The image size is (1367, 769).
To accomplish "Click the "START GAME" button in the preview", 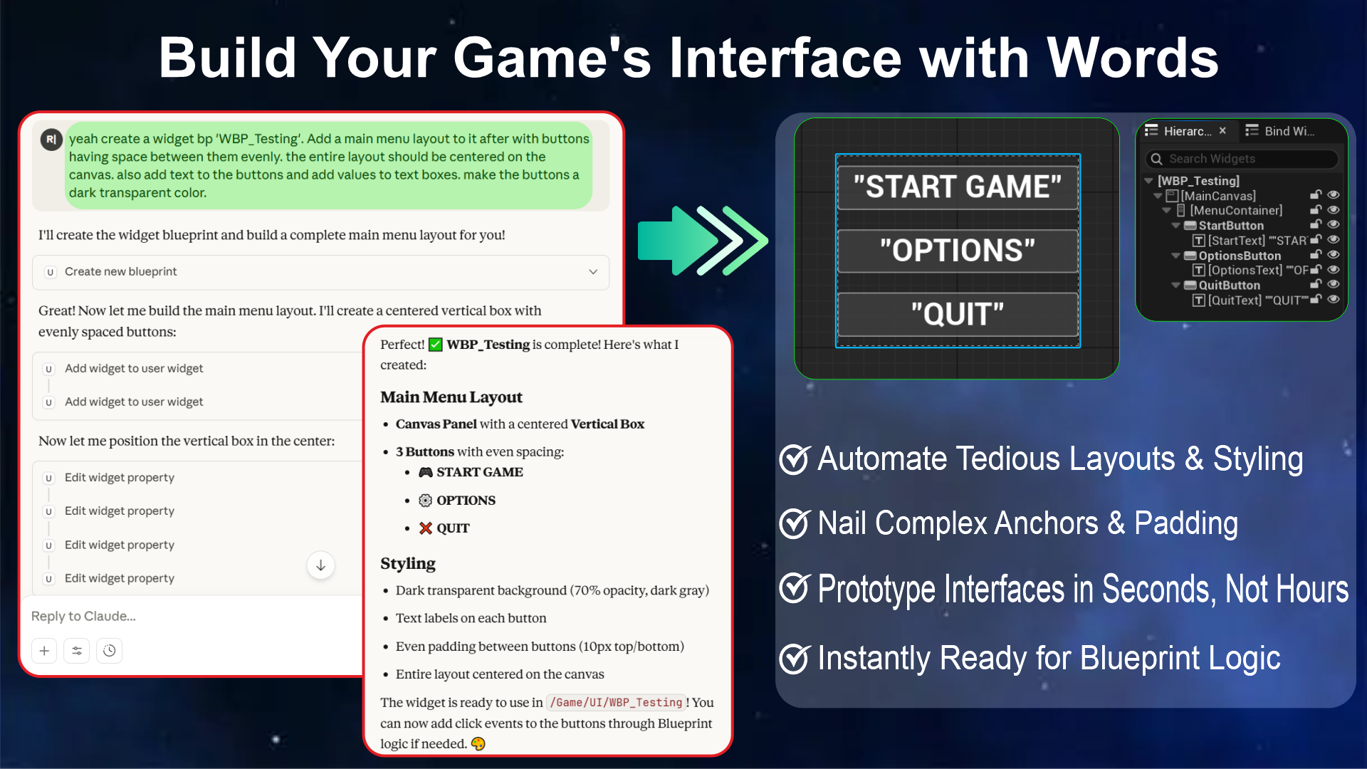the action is pyautogui.click(x=958, y=187).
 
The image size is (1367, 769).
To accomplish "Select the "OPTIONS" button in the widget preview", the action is pyautogui.click(x=958, y=251).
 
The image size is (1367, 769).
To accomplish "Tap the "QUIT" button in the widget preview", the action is pyautogui.click(x=958, y=314).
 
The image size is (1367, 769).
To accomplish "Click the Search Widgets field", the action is pyautogui.click(x=1242, y=159).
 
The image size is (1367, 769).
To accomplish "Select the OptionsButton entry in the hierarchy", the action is pyautogui.click(x=1239, y=256).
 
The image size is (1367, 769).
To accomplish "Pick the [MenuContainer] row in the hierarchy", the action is pyautogui.click(x=1235, y=211).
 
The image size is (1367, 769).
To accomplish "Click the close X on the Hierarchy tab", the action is pyautogui.click(x=1222, y=131).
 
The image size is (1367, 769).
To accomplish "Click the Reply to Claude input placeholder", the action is pyautogui.click(x=83, y=616).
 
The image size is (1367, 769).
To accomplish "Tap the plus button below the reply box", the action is pyautogui.click(x=44, y=651).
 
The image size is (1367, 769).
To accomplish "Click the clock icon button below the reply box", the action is pyautogui.click(x=109, y=651).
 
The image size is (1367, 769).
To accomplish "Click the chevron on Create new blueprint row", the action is pyautogui.click(x=593, y=272).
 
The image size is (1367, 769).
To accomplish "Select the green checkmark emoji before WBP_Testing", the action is pyautogui.click(x=436, y=345).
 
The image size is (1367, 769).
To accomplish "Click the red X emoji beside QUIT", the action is pyautogui.click(x=426, y=528).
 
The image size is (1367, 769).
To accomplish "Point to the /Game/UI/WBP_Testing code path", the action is pyautogui.click(x=616, y=703).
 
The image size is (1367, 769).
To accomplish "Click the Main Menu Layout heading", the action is pyautogui.click(x=451, y=397).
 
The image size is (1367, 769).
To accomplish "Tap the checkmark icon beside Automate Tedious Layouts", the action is pyautogui.click(x=795, y=459).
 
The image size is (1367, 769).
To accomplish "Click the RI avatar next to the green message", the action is pyautogui.click(x=51, y=140).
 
